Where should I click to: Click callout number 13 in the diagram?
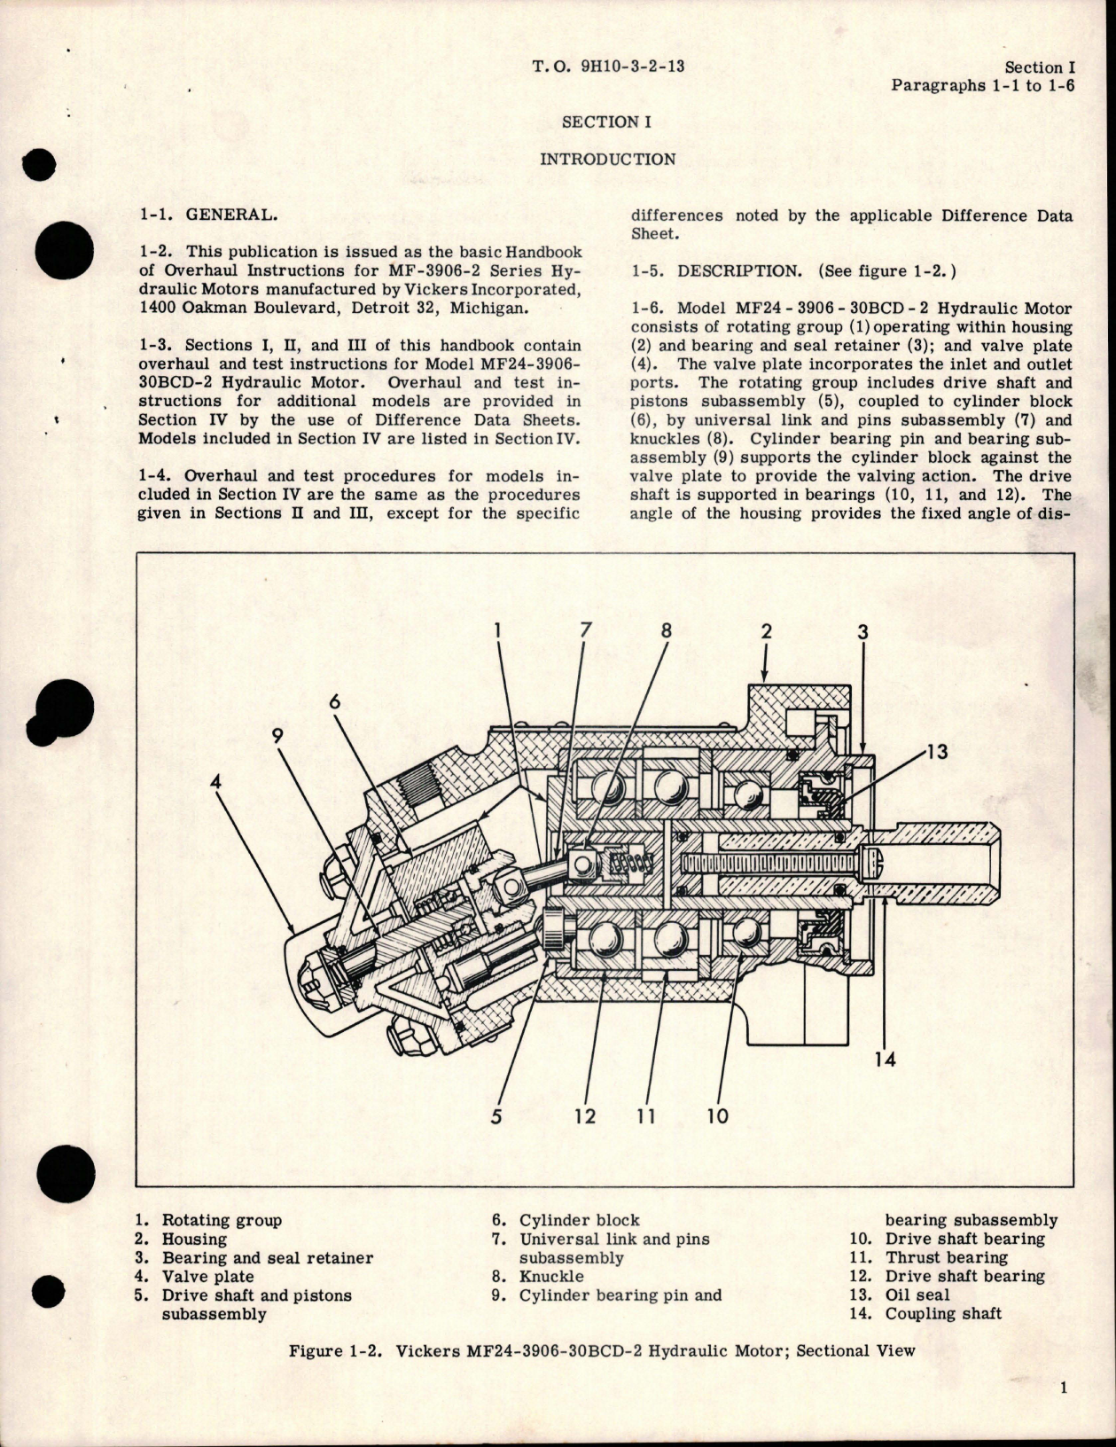click(936, 753)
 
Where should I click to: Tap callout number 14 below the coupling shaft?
click(886, 1059)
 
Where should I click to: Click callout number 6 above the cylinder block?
click(334, 701)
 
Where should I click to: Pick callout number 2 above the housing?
click(767, 631)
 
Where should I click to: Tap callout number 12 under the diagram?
click(585, 1115)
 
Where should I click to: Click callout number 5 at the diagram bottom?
click(496, 1115)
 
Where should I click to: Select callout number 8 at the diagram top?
click(667, 630)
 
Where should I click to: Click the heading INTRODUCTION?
click(607, 160)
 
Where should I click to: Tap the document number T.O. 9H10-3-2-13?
click(608, 66)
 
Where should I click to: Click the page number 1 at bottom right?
click(1063, 1388)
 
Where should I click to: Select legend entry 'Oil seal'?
click(917, 1294)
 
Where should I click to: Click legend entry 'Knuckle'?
click(551, 1276)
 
